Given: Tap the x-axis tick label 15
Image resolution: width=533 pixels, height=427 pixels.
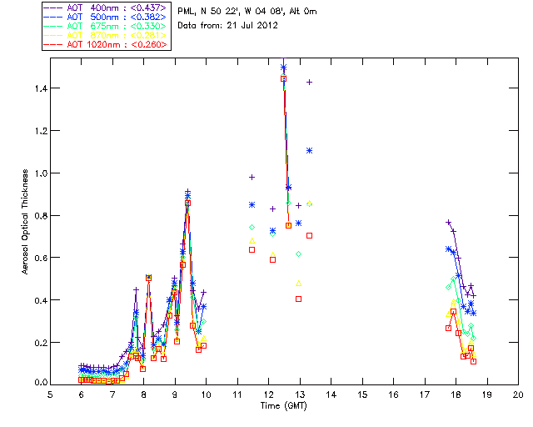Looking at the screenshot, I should (362, 395).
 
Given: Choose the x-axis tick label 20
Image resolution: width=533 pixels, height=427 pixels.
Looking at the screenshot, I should (518, 395).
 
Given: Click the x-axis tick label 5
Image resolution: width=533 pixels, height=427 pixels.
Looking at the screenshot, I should (50, 395).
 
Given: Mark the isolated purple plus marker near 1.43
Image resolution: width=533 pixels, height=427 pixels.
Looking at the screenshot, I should (310, 82).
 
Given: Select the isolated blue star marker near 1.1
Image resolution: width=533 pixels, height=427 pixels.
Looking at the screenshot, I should (310, 150).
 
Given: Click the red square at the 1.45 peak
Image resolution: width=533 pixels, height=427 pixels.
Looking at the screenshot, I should (284, 78).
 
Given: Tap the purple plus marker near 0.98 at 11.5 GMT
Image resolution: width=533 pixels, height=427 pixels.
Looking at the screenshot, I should (252, 177).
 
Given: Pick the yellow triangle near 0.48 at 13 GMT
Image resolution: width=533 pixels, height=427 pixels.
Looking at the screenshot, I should (299, 283).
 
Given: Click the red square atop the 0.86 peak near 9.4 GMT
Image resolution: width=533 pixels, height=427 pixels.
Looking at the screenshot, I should (188, 203).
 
